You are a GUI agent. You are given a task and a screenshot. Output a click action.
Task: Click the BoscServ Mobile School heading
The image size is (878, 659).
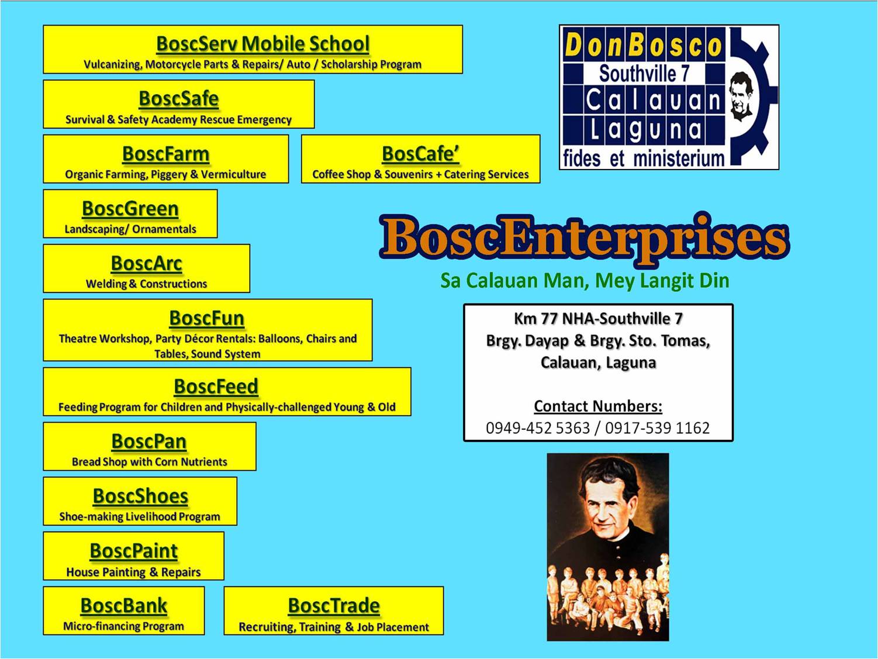(263, 44)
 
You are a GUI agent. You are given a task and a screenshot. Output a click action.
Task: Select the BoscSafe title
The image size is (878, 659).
(179, 99)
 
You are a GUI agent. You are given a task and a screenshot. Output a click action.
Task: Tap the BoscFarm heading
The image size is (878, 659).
(165, 154)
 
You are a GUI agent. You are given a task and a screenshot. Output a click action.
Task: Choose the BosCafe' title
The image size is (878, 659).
(420, 154)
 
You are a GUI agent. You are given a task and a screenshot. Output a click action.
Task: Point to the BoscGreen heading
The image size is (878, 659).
(130, 209)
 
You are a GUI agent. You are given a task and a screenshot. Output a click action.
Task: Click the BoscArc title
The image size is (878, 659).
(146, 264)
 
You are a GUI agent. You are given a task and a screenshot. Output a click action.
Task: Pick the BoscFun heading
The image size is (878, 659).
(207, 319)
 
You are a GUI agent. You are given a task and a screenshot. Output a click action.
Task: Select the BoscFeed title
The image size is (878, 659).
(216, 387)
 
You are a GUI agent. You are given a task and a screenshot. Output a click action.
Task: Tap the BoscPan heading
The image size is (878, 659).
(149, 441)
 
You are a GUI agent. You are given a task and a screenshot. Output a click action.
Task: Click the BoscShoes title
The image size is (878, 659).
(140, 496)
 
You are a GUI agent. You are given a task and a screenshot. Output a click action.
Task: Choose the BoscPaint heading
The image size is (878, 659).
(134, 551)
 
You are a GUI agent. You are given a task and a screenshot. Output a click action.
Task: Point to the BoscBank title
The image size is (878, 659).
(123, 606)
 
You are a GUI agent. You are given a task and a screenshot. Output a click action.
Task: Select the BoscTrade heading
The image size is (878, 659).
(334, 606)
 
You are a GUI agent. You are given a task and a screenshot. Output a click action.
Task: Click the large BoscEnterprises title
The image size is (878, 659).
(585, 239)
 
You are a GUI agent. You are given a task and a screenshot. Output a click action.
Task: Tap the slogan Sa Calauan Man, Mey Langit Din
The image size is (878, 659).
(585, 281)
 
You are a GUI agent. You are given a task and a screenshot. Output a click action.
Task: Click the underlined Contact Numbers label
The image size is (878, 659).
(598, 406)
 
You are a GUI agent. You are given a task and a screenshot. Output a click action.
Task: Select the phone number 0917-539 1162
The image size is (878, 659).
(657, 428)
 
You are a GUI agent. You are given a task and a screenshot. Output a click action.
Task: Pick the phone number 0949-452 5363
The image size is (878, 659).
(538, 428)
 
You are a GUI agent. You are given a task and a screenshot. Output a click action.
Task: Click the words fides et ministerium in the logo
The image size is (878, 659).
(644, 158)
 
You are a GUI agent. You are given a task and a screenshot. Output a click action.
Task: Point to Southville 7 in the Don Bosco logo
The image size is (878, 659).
(644, 74)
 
